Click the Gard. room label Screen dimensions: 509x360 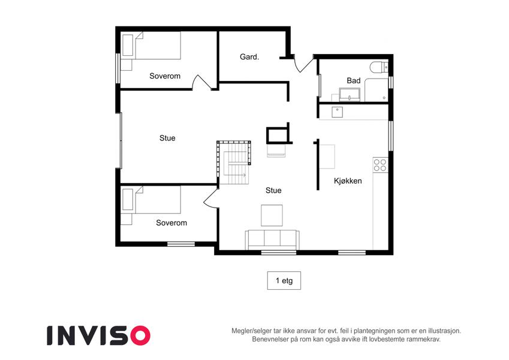coord(249,57)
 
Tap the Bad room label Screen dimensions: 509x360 coord(354,80)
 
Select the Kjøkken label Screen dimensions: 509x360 coord(348,181)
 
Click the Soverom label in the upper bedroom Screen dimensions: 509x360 coord(165,76)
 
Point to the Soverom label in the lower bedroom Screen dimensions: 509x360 coord(171,223)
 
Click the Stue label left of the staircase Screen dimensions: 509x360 coord(167,138)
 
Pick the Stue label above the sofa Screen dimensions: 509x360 coord(273,190)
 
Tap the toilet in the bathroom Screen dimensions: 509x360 coord(379,67)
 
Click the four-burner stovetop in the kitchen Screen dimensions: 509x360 coord(380,165)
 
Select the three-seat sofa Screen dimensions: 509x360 coord(272,240)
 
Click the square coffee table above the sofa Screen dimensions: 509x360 coord(272,215)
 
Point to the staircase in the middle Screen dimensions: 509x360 coord(234,163)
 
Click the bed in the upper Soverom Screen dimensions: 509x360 coord(150,46)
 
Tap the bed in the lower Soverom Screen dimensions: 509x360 coord(150,200)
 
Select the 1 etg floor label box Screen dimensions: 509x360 coord(284,280)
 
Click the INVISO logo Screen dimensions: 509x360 coord(99,335)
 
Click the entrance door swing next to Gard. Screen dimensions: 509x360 coord(303,64)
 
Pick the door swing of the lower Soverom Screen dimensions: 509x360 coord(210,197)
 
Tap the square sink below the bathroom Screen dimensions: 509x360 coord(338,112)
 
